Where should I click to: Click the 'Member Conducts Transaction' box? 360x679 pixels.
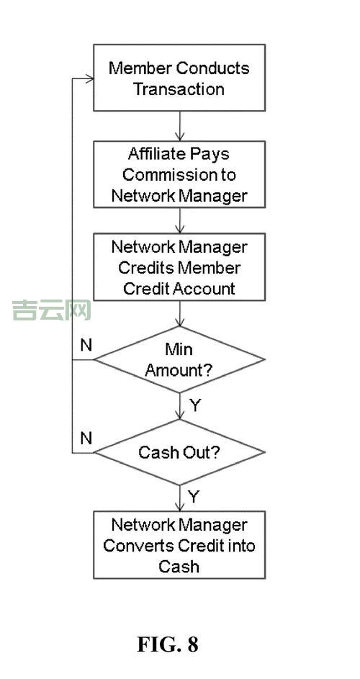[x=179, y=78]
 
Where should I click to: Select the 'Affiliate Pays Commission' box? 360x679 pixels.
[x=179, y=174]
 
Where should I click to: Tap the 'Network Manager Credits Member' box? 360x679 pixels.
[x=179, y=267]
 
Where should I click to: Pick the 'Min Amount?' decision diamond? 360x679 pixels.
[x=179, y=359]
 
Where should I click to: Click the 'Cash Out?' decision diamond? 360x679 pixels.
[x=179, y=452]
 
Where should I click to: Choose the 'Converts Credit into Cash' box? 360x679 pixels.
[x=179, y=545]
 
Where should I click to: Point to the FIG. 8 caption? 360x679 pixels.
[x=167, y=644]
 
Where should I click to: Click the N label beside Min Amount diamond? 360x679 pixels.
[x=86, y=345]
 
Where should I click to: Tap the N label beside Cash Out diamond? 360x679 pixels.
[x=86, y=438]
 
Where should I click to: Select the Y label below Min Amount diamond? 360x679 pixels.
[x=195, y=405]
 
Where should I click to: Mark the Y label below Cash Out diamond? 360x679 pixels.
[x=194, y=497]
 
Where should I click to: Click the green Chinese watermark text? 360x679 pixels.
[x=51, y=310]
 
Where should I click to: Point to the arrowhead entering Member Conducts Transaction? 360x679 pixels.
[x=89, y=78]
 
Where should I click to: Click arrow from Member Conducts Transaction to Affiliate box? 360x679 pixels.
[x=179, y=126]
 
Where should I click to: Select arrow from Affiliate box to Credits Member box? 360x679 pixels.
[x=179, y=219]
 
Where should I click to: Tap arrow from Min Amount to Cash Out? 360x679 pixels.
[x=179, y=406]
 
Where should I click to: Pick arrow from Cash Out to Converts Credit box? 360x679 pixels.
[x=179, y=498]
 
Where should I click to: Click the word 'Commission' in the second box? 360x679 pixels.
[x=179, y=174]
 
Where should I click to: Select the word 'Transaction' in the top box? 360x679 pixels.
[x=179, y=89]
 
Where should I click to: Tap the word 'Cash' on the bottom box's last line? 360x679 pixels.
[x=179, y=566]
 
